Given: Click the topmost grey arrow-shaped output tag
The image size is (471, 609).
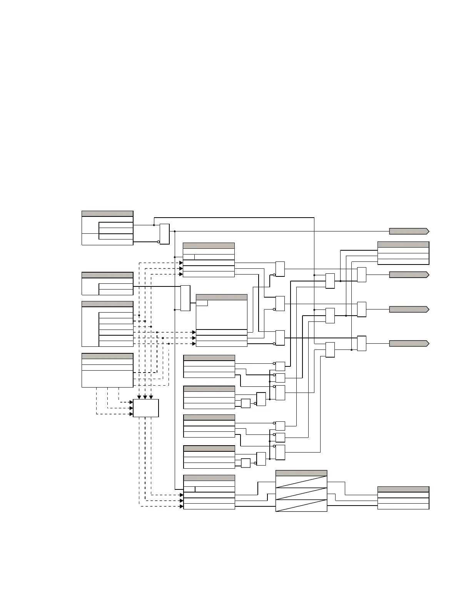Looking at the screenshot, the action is click(409, 231).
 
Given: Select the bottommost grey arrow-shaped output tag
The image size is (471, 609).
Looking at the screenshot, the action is click(409, 343).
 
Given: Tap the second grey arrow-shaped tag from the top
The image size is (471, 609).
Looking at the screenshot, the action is click(409, 275).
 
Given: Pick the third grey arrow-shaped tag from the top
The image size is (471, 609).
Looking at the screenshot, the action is click(409, 309).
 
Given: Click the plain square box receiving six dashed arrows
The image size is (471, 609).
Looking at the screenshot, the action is click(146, 408).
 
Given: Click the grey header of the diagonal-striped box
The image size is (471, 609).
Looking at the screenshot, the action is click(301, 473).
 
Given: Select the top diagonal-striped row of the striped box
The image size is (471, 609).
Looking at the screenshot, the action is click(301, 482).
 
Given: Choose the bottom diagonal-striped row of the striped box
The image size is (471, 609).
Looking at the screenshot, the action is click(301, 505).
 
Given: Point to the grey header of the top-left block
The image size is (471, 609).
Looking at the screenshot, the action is click(107, 214).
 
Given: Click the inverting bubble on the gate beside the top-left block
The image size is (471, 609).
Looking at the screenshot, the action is click(159, 242).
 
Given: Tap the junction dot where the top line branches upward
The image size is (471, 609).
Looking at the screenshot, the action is click(154, 225).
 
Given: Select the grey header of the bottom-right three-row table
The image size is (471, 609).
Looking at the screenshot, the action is click(403, 489).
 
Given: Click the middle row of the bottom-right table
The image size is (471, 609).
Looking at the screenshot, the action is click(403, 501).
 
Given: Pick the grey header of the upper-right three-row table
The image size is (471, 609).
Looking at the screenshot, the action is click(403, 245).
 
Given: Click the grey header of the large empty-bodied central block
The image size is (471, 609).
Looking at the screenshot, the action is click(222, 297).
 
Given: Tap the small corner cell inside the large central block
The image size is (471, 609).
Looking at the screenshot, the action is click(202, 303).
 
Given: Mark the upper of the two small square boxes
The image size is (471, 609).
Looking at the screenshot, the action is click(246, 403).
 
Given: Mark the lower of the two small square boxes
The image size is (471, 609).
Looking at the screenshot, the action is click(246, 463).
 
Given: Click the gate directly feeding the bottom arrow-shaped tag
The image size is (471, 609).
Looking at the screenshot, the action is click(361, 343).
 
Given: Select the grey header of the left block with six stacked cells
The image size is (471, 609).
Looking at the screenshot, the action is click(107, 304).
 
